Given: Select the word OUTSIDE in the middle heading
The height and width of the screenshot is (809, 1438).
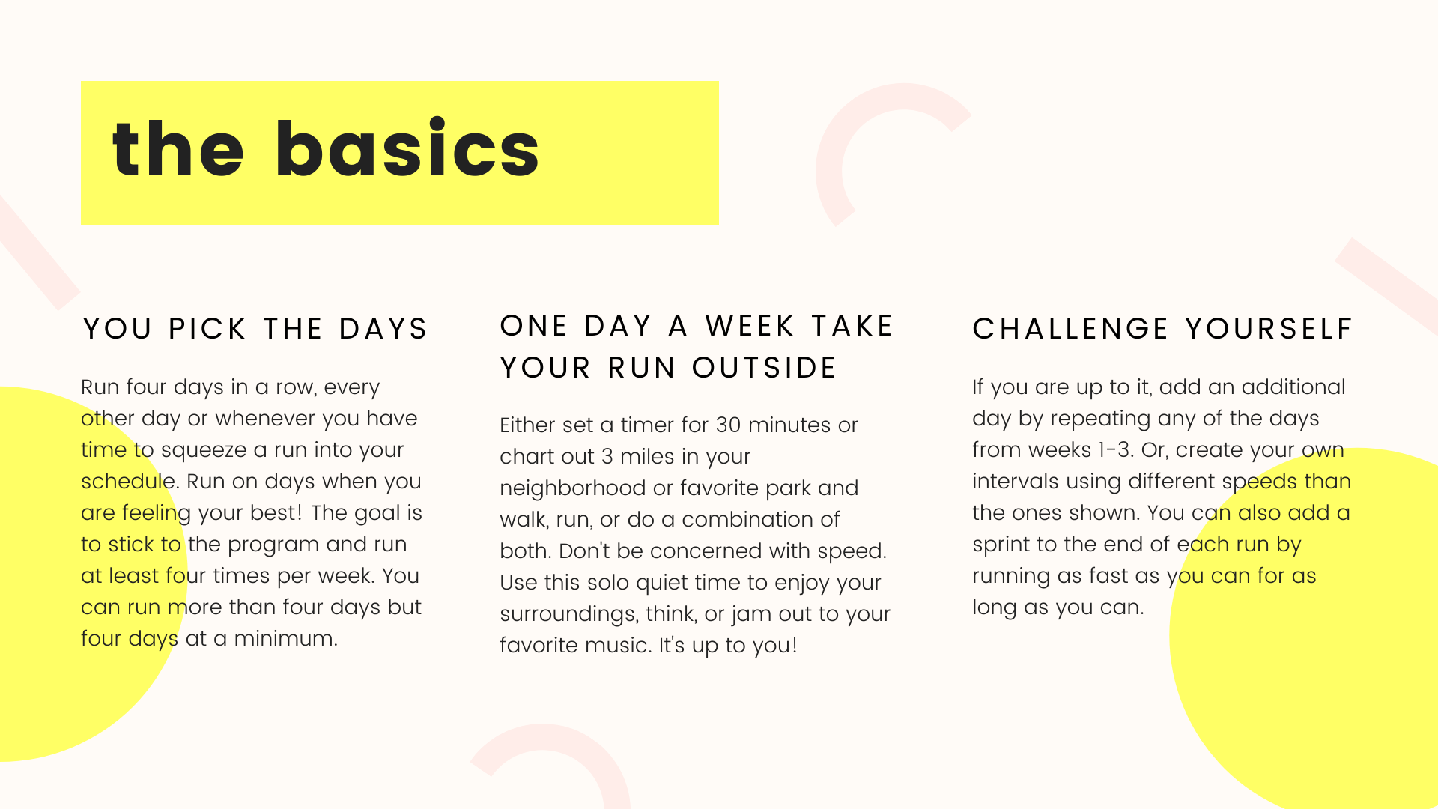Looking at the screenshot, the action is coord(764,368).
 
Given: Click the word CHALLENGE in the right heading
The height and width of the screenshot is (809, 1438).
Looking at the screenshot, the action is coord(1070,329).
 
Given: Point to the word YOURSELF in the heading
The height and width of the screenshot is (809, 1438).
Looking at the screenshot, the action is coord(1269,329).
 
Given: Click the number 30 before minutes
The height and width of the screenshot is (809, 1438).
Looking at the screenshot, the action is coord(728,425).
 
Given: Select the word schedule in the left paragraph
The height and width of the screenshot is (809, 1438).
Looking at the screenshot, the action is coord(128,481).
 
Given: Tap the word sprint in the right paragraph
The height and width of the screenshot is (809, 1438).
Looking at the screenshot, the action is coord(1001,545).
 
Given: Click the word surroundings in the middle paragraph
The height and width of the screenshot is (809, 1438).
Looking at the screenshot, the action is coord(568,614).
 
